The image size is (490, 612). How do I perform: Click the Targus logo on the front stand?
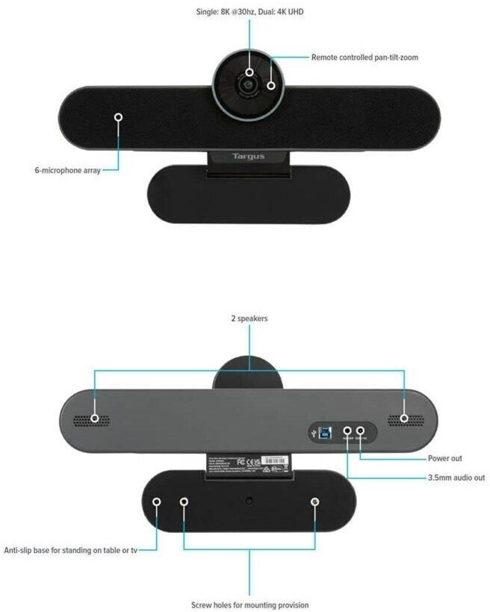pos(248,157)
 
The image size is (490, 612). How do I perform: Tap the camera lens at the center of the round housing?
pos(246,85)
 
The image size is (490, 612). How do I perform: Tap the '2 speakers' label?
pos(249,318)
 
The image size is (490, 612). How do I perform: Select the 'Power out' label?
pos(444,458)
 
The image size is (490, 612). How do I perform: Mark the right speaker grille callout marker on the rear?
pos(404,418)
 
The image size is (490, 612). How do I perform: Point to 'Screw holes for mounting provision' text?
pos(249,605)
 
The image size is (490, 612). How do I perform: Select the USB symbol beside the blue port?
pos(315,431)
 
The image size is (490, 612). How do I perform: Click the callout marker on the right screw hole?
pos(315,502)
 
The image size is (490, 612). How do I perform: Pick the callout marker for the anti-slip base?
pos(156,502)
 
